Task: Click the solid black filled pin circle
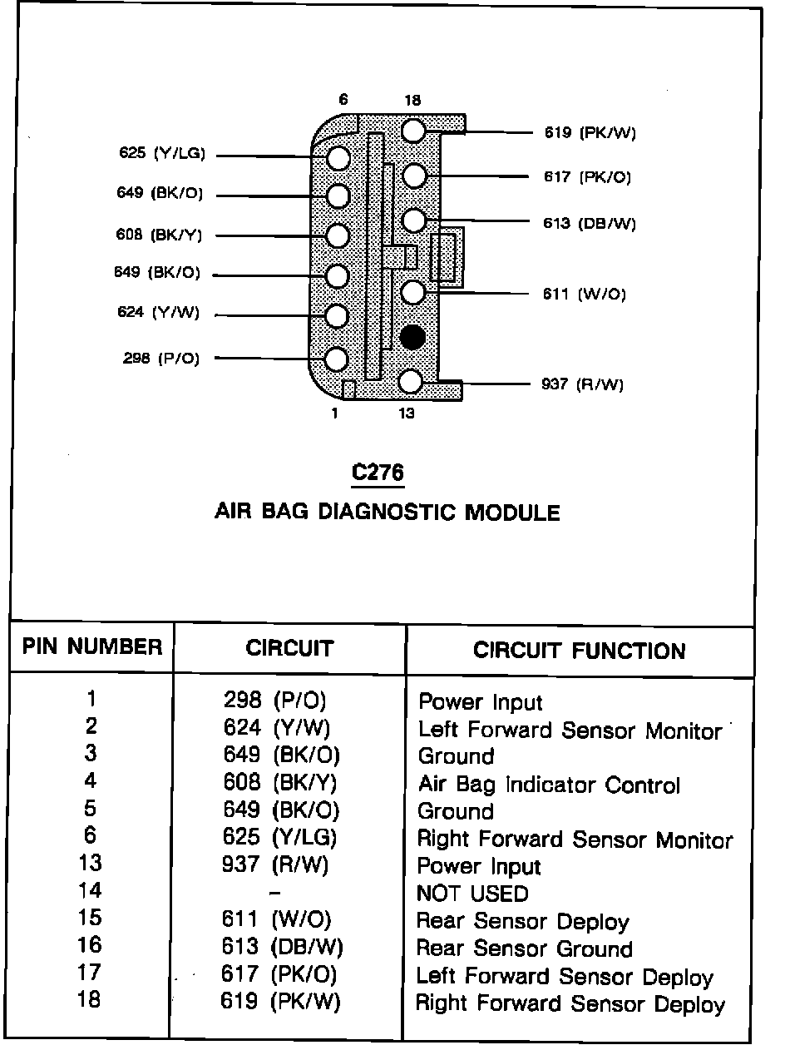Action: (x=412, y=337)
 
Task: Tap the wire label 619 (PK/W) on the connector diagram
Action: (x=590, y=132)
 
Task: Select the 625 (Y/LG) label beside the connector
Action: (x=162, y=153)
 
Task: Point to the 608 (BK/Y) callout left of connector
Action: (x=159, y=235)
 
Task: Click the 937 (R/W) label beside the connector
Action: (x=584, y=384)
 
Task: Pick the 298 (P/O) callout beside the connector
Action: (x=161, y=359)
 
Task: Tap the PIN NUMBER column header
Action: (x=91, y=647)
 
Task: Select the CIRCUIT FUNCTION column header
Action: (x=580, y=651)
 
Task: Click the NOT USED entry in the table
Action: (x=472, y=894)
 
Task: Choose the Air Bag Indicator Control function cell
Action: (x=549, y=785)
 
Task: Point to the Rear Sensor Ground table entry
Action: (x=524, y=948)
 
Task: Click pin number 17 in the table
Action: (x=90, y=972)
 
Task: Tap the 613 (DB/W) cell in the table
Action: (x=282, y=947)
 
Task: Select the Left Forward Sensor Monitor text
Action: (x=570, y=731)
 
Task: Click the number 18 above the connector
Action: (x=412, y=101)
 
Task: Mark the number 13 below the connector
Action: (x=406, y=413)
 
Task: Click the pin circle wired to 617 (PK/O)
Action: (x=413, y=176)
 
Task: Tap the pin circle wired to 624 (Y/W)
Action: (x=336, y=316)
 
